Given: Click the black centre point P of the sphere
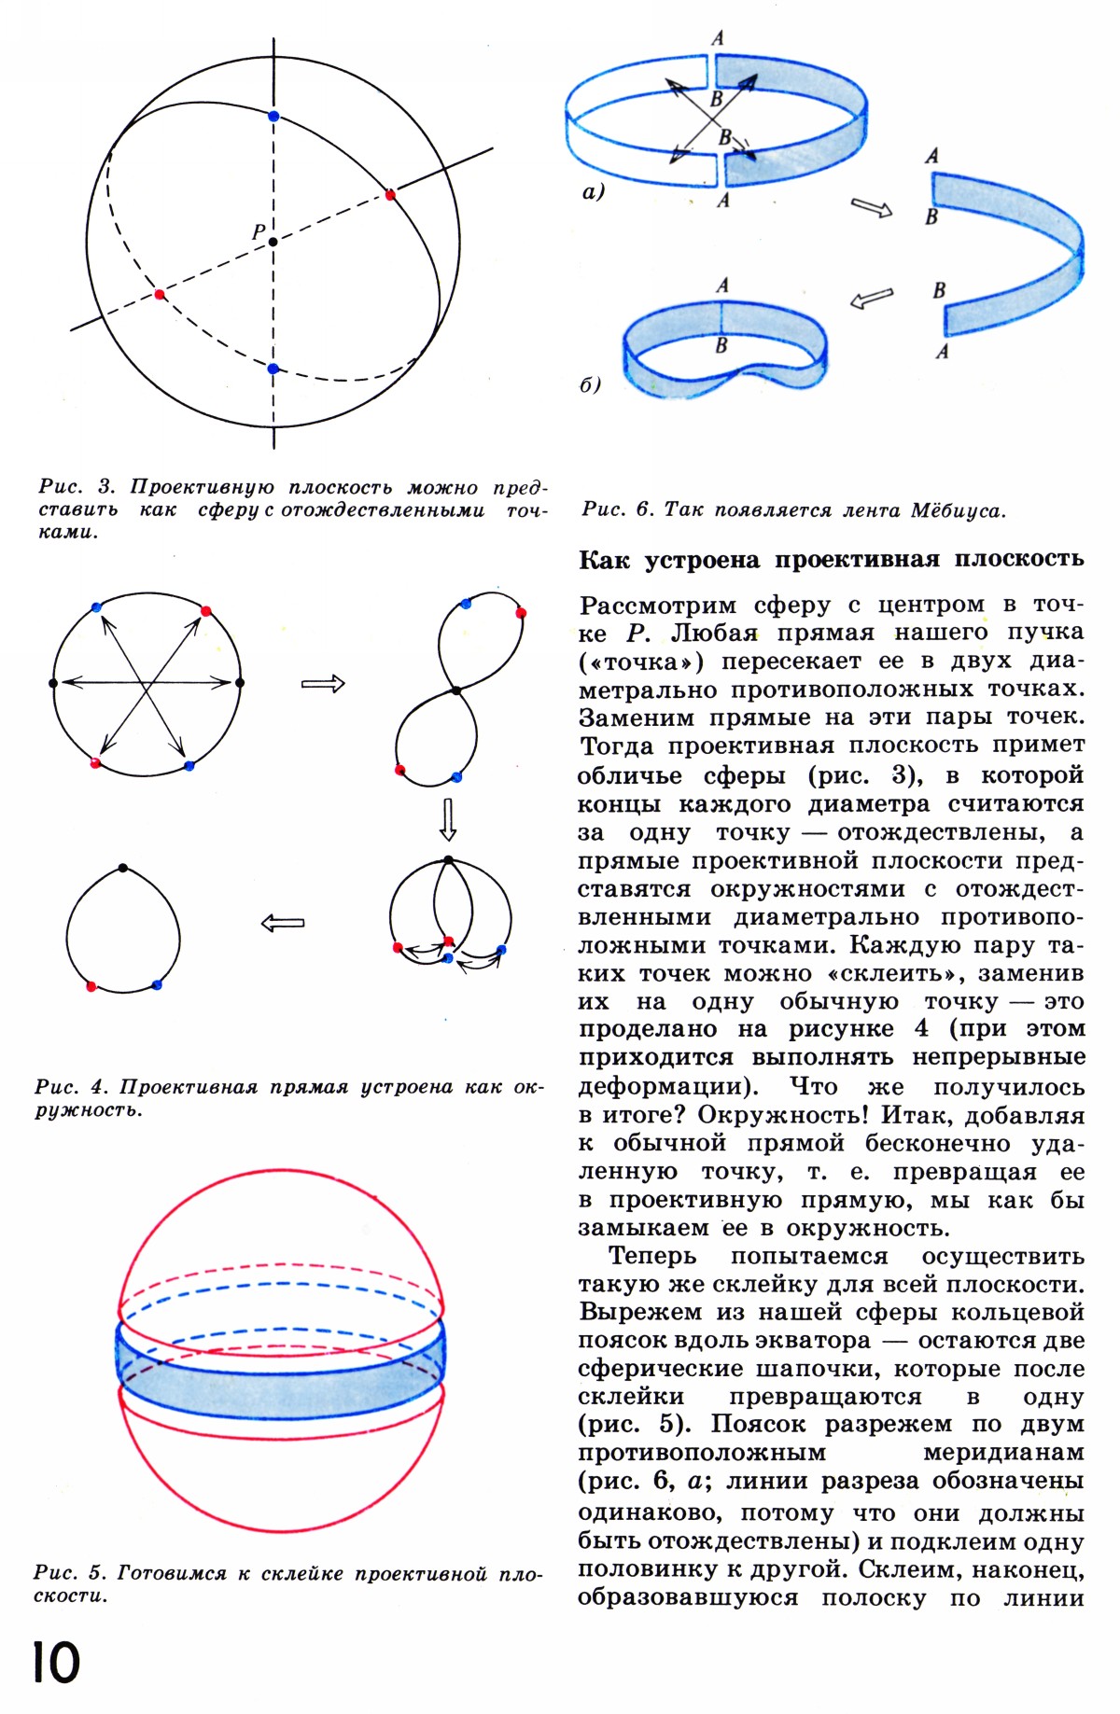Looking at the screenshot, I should pos(273,242).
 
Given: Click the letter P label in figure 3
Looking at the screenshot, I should pos(259,232).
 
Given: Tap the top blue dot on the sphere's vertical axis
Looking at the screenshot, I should pos(273,116).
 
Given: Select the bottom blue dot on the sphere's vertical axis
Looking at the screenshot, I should pos(273,369).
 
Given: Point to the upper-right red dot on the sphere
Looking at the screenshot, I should pos(390,194).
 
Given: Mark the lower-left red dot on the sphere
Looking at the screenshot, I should pos(159,294).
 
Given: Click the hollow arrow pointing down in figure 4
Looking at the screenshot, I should pos(448,818).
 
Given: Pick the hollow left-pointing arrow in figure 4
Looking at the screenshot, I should pos(283,923).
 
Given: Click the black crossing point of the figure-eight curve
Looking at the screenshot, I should pos(455,690).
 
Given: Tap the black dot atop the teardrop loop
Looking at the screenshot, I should pos(123,868).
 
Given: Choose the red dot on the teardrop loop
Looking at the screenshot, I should pos(91,986).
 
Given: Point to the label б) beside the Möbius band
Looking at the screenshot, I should pos(590,384).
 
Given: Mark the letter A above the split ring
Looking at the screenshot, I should pos(717,38).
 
